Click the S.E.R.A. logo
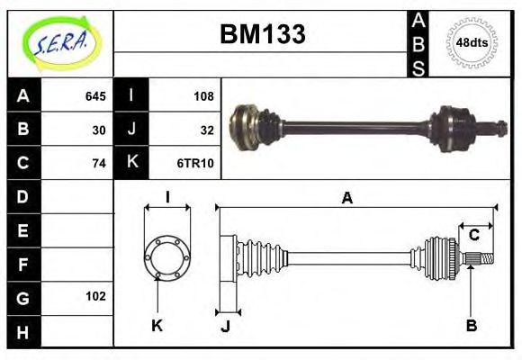[59, 40]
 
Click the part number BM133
[263, 34]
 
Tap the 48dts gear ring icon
[472, 41]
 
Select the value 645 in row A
[94, 95]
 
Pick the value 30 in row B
[98, 130]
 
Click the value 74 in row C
[98, 163]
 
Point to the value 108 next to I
[202, 95]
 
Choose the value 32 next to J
[206, 130]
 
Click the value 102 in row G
[95, 296]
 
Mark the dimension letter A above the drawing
[346, 198]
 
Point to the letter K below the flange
[157, 326]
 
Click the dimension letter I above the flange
[167, 198]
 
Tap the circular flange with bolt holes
[167, 256]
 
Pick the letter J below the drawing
[226, 326]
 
